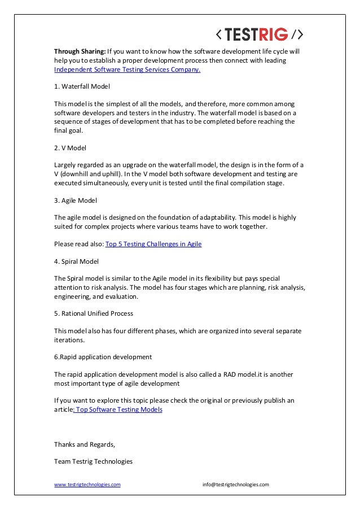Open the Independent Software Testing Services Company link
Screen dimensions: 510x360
(x=127, y=71)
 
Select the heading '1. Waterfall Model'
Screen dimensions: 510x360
(x=82, y=87)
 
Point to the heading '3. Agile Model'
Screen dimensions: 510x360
(x=76, y=200)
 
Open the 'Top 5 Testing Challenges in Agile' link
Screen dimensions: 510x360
(x=153, y=244)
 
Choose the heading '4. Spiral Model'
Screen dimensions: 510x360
(x=76, y=261)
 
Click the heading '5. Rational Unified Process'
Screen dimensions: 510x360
(x=94, y=313)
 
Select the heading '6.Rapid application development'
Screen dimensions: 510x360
(x=103, y=357)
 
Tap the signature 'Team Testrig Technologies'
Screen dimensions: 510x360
(x=93, y=461)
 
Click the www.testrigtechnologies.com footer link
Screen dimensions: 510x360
(x=87, y=485)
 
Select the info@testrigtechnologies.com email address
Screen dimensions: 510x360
(x=236, y=485)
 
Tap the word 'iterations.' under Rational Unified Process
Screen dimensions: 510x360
(x=69, y=340)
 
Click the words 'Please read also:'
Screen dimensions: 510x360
(x=79, y=244)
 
